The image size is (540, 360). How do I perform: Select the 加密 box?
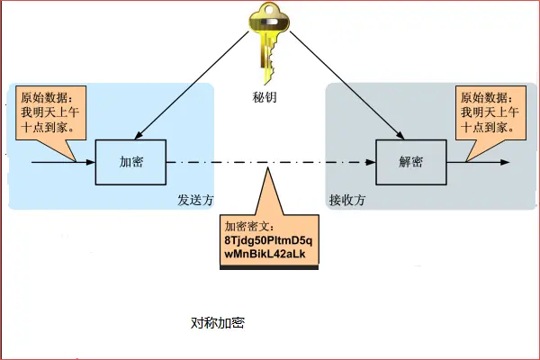tap(131, 162)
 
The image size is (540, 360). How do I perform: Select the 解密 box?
tap(411, 162)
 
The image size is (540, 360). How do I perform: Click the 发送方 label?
tap(194, 200)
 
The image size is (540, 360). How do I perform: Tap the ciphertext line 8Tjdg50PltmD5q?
tap(269, 242)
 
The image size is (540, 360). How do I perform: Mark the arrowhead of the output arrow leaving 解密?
tap(506, 163)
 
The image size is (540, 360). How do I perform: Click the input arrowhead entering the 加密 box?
tap(90, 163)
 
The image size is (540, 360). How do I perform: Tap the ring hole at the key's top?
tap(269, 13)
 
